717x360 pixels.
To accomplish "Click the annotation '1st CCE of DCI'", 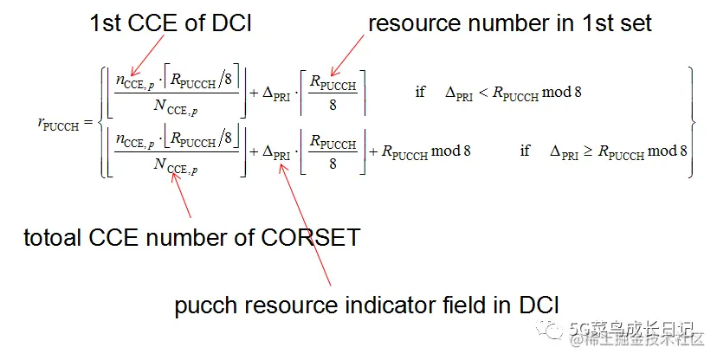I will pyautogui.click(x=171, y=24).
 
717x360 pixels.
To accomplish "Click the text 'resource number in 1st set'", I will pyautogui.click(x=510, y=24).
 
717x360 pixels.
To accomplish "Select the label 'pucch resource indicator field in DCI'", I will pyautogui.click(x=366, y=305).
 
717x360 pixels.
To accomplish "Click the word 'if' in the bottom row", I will pyautogui.click(x=524, y=151).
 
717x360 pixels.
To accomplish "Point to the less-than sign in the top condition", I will pyautogui.click(x=483, y=92).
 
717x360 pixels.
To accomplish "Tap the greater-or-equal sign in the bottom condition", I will pyautogui.click(x=588, y=151).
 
